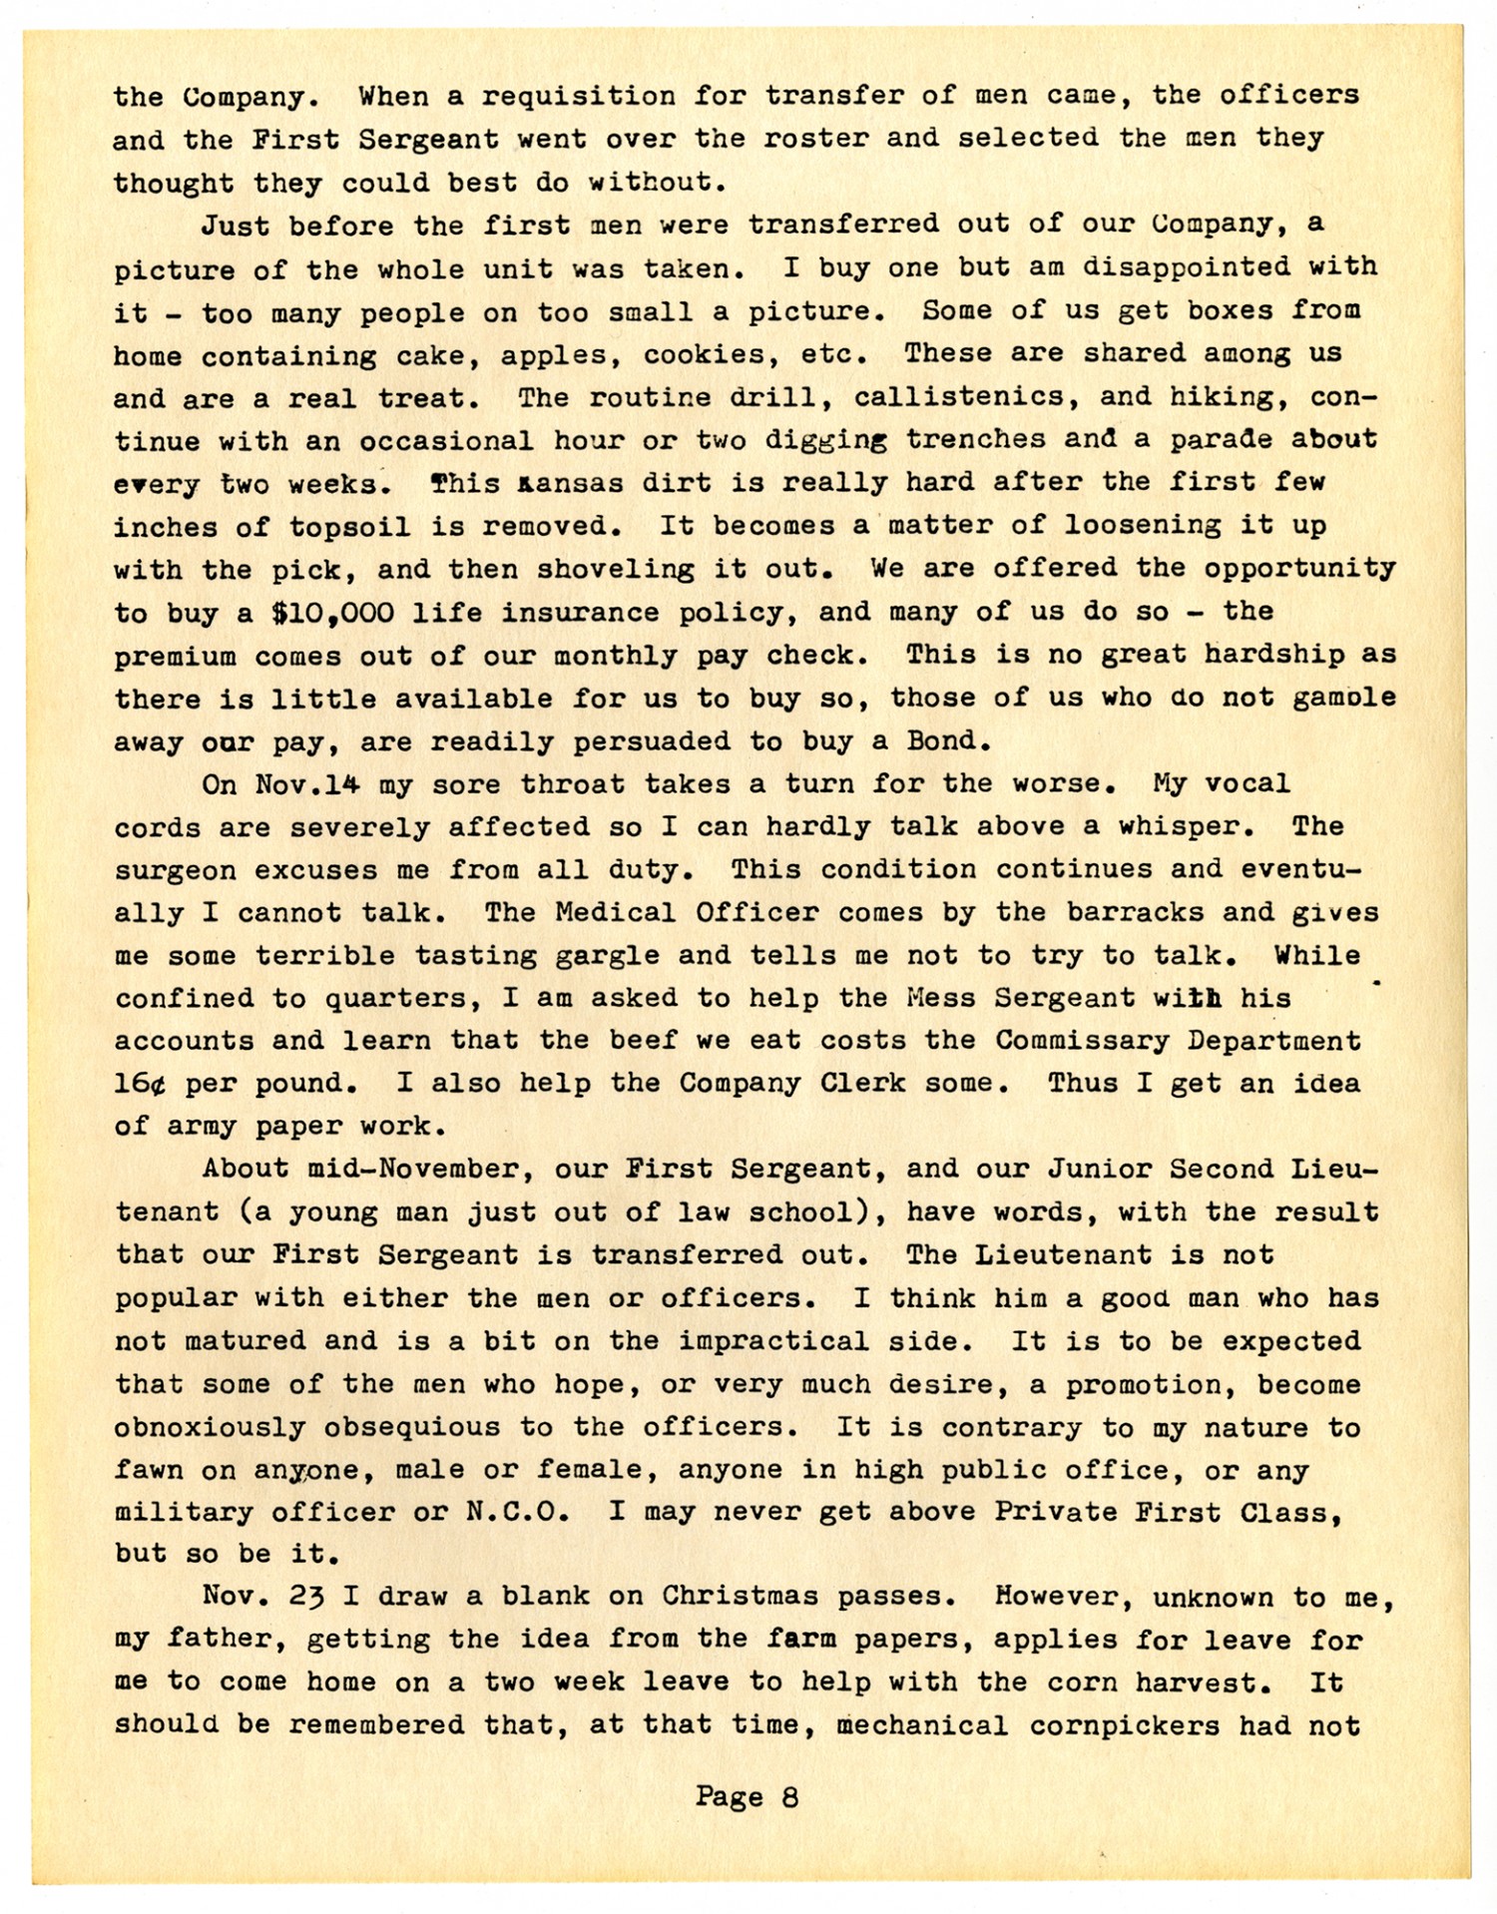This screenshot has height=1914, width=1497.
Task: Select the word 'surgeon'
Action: [175, 870]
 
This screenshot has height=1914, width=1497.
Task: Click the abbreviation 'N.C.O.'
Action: [517, 1512]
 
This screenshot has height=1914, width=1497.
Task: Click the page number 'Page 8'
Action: [747, 1798]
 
